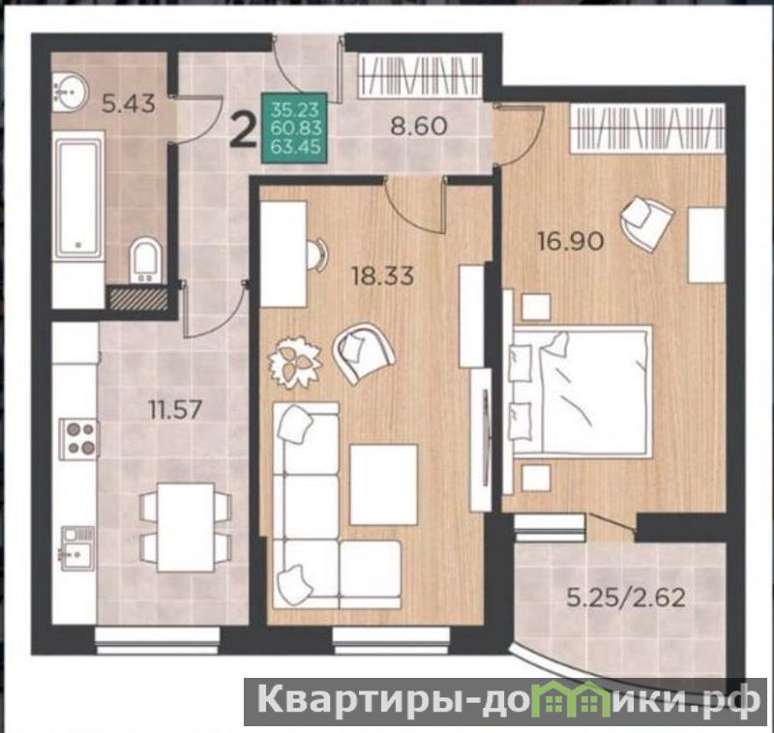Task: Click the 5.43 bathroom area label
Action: point(129,103)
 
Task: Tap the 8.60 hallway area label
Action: point(419,127)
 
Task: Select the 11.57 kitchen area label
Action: point(176,409)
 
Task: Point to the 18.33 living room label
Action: point(382,276)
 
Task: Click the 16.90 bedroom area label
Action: point(571,242)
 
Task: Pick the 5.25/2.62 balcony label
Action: point(626,599)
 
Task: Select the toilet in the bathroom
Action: point(144,260)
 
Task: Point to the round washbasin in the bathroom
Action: point(70,91)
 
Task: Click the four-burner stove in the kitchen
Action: point(79,437)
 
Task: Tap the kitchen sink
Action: point(78,547)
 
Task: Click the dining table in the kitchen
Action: point(185,527)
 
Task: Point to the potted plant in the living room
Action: point(294,363)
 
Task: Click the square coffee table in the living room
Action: point(383,484)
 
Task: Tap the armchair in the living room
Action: point(364,352)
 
